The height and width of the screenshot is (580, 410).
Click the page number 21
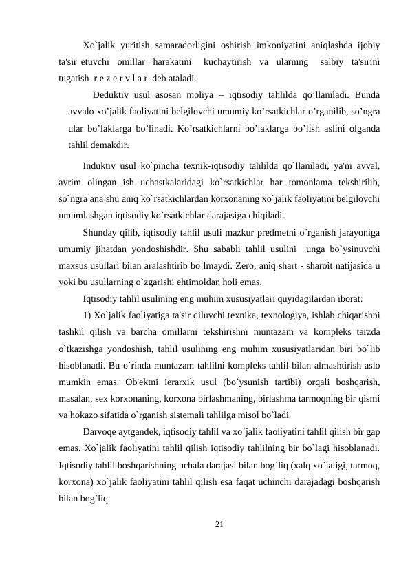(219, 526)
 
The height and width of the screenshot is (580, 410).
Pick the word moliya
(209, 94)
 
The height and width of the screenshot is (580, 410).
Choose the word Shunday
(101, 232)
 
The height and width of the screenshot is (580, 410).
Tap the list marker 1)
(87, 315)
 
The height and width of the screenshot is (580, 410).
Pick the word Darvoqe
(101, 432)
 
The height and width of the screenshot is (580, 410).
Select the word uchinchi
(295, 481)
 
